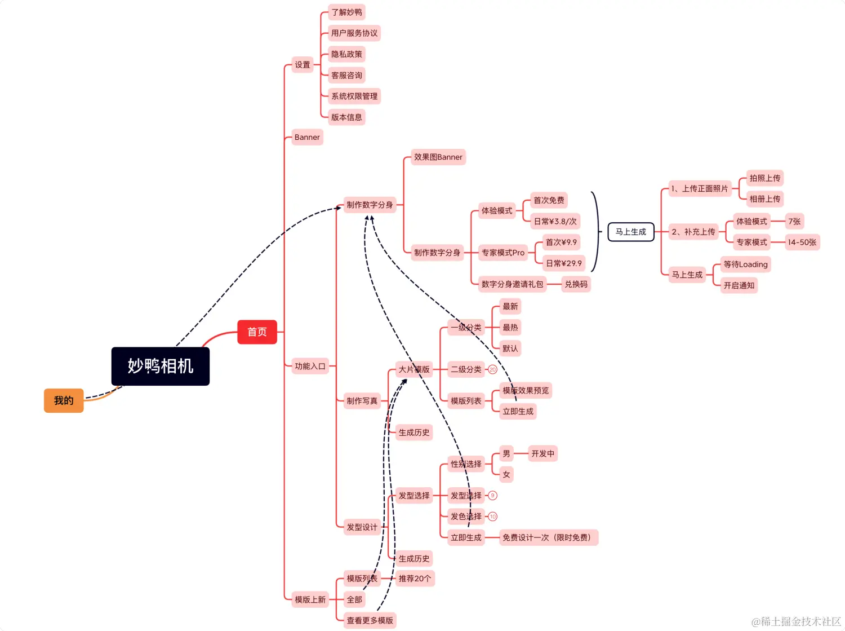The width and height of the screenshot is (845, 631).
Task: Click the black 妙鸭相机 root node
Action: (x=161, y=367)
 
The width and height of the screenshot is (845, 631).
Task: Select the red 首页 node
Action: (x=257, y=332)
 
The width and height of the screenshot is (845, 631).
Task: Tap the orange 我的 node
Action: (x=64, y=401)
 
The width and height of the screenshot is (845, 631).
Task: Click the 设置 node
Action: (x=303, y=65)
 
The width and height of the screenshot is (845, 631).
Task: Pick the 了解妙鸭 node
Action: (x=346, y=12)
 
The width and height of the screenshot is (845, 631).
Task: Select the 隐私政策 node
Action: (x=346, y=54)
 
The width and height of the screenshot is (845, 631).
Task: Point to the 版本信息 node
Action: (x=346, y=117)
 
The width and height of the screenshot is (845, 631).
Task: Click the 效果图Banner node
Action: (x=438, y=157)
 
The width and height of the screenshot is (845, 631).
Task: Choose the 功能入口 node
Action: (x=310, y=367)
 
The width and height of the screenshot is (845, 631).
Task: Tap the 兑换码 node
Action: (x=576, y=284)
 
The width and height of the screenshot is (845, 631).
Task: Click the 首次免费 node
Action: (x=549, y=200)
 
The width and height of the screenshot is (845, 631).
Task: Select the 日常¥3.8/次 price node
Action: (x=555, y=222)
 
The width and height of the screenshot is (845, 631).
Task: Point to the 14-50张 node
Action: (x=802, y=242)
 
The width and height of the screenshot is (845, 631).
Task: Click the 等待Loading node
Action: (x=745, y=264)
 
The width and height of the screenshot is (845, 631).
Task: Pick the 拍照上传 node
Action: (x=764, y=178)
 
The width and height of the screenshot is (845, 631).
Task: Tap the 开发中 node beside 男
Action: (x=542, y=454)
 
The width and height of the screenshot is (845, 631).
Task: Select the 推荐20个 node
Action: (x=415, y=579)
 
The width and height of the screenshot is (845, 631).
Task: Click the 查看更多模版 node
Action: (x=370, y=621)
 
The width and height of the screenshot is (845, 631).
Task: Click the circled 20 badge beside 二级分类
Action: (x=492, y=370)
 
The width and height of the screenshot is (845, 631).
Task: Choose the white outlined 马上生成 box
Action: (x=631, y=232)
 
